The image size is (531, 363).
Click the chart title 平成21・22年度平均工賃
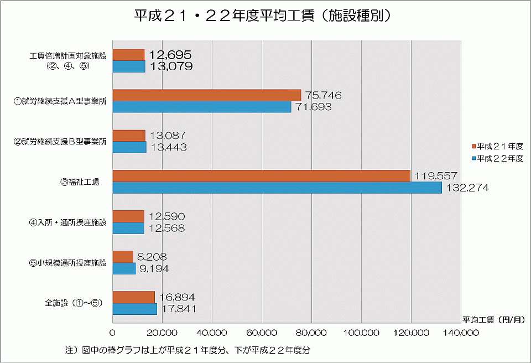tap(265, 15)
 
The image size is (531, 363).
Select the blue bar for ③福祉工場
tap(277, 188)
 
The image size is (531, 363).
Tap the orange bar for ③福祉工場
tap(261, 176)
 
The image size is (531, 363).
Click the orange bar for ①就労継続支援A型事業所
tap(206, 95)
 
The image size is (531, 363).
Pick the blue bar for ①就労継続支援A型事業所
tap(201, 107)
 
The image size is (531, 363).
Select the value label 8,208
tap(152, 257)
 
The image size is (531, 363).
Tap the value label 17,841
tap(178, 309)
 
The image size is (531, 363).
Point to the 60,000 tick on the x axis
tap(262, 333)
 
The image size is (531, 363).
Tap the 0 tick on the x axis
tap(113, 333)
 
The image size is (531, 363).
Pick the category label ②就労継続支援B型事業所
tap(60, 142)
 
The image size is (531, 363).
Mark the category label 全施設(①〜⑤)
tap(74, 303)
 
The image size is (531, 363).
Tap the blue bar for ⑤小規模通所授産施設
tap(124, 269)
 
